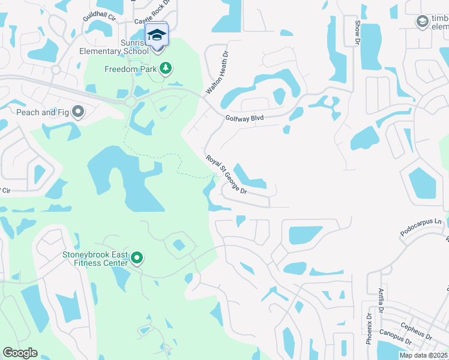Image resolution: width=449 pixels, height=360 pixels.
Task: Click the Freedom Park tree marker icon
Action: [165, 68]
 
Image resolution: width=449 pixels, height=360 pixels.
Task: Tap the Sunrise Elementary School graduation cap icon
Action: [157, 35]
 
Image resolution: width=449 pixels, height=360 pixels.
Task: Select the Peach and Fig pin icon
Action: [78, 112]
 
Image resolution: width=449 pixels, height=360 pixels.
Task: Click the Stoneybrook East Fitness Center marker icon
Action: [137, 259]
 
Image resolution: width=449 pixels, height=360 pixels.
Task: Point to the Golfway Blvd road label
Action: [244, 119]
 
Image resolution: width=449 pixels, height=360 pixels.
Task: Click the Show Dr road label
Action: [357, 33]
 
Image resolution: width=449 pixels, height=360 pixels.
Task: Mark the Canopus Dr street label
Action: [396, 337]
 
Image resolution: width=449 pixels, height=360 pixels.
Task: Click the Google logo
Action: [20, 353]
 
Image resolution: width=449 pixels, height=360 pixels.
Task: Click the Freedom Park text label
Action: [130, 69]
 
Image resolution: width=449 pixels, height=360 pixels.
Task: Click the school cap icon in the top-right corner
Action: [422, 22]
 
